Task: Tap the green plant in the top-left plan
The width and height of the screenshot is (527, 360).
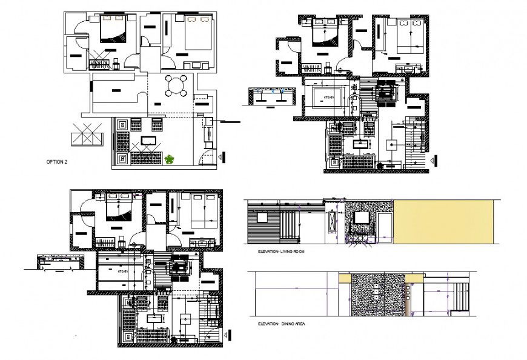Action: click(x=170, y=159)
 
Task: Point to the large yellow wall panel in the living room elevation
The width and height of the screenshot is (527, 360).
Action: click(x=443, y=221)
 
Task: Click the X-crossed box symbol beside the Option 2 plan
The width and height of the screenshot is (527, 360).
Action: click(x=85, y=134)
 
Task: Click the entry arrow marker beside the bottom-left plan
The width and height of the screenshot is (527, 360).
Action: click(x=230, y=335)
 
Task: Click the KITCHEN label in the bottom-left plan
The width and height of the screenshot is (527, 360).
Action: click(x=122, y=272)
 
